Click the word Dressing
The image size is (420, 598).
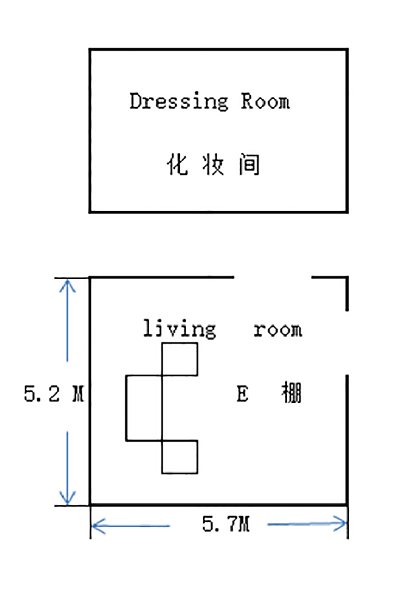click(179, 101)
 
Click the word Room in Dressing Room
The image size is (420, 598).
click(265, 101)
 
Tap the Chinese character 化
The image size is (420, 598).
click(177, 165)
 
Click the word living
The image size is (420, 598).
click(180, 329)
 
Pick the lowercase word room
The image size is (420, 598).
click(278, 330)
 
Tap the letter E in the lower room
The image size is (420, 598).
click(242, 394)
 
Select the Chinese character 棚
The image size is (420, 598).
click(291, 393)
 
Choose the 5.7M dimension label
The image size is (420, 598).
click(226, 523)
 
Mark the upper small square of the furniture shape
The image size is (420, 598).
click(180, 359)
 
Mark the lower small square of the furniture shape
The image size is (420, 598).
click(180, 457)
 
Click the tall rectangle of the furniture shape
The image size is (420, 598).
click(144, 408)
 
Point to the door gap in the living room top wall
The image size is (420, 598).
click(272, 277)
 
